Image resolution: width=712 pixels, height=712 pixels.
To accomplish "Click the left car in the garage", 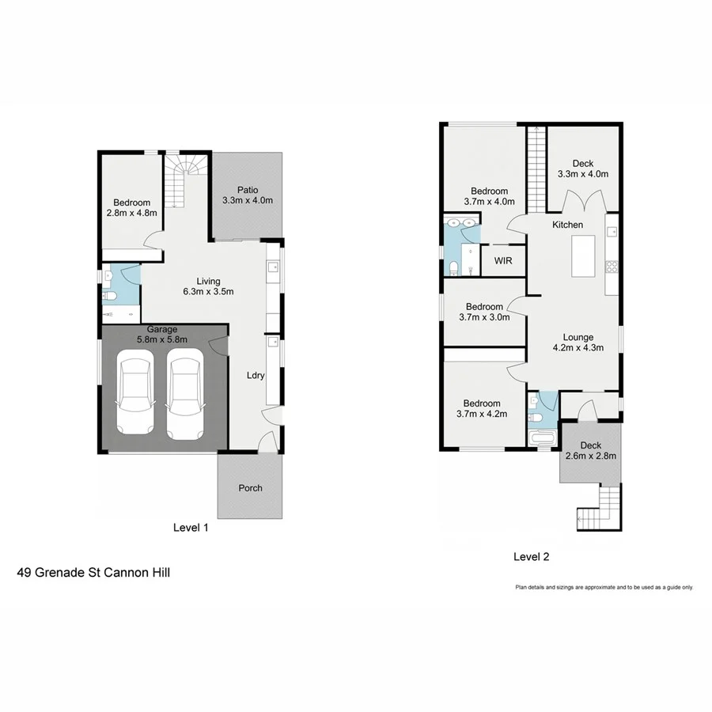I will click(x=137, y=397).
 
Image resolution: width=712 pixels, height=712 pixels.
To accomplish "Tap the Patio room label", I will click(x=247, y=195).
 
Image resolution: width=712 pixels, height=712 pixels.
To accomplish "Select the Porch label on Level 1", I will click(x=250, y=488).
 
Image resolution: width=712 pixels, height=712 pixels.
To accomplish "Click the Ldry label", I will click(x=255, y=376).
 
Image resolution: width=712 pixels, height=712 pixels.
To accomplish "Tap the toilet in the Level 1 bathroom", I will click(x=112, y=297).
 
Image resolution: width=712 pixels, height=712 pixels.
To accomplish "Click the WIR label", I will click(x=502, y=260).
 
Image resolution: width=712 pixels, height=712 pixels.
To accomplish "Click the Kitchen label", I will click(x=567, y=225).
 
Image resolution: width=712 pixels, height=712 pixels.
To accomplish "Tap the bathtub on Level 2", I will click(x=542, y=437).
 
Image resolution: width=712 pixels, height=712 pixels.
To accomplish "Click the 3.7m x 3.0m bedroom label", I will click(x=483, y=312).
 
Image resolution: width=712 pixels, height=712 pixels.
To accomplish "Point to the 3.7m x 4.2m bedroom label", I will click(x=482, y=408).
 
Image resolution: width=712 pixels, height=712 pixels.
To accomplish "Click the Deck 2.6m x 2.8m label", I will click(x=590, y=450).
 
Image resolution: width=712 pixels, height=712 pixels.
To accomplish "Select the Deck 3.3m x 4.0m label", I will click(x=582, y=169).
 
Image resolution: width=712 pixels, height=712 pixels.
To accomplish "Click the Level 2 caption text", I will click(x=531, y=557).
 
